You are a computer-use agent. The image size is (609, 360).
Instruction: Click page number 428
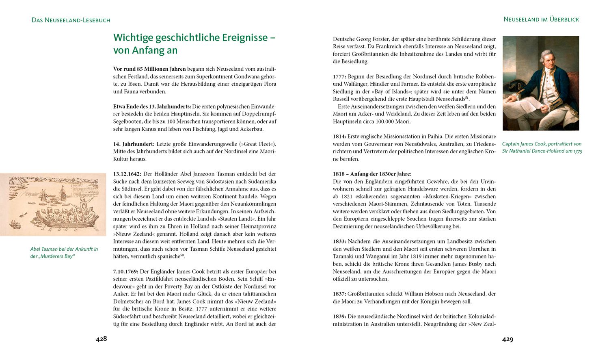(x=101, y=339)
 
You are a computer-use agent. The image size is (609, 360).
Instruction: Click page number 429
(x=508, y=339)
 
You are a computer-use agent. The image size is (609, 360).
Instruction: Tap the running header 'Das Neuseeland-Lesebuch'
(x=71, y=20)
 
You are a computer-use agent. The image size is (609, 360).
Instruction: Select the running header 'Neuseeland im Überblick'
(x=541, y=19)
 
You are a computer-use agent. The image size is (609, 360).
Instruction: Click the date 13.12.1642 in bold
(x=127, y=174)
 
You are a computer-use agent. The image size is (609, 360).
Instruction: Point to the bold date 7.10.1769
(x=126, y=271)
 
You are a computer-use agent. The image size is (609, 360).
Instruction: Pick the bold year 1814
(x=339, y=137)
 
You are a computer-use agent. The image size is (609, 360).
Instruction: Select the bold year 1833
(x=339, y=241)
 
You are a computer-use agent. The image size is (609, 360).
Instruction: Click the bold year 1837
(x=339, y=294)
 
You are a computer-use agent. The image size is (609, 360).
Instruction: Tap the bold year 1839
(x=339, y=317)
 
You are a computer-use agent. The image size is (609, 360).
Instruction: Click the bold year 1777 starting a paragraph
(x=339, y=76)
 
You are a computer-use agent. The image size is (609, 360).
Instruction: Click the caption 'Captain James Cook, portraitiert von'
(x=542, y=144)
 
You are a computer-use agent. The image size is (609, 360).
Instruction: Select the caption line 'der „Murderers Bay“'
(x=52, y=256)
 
